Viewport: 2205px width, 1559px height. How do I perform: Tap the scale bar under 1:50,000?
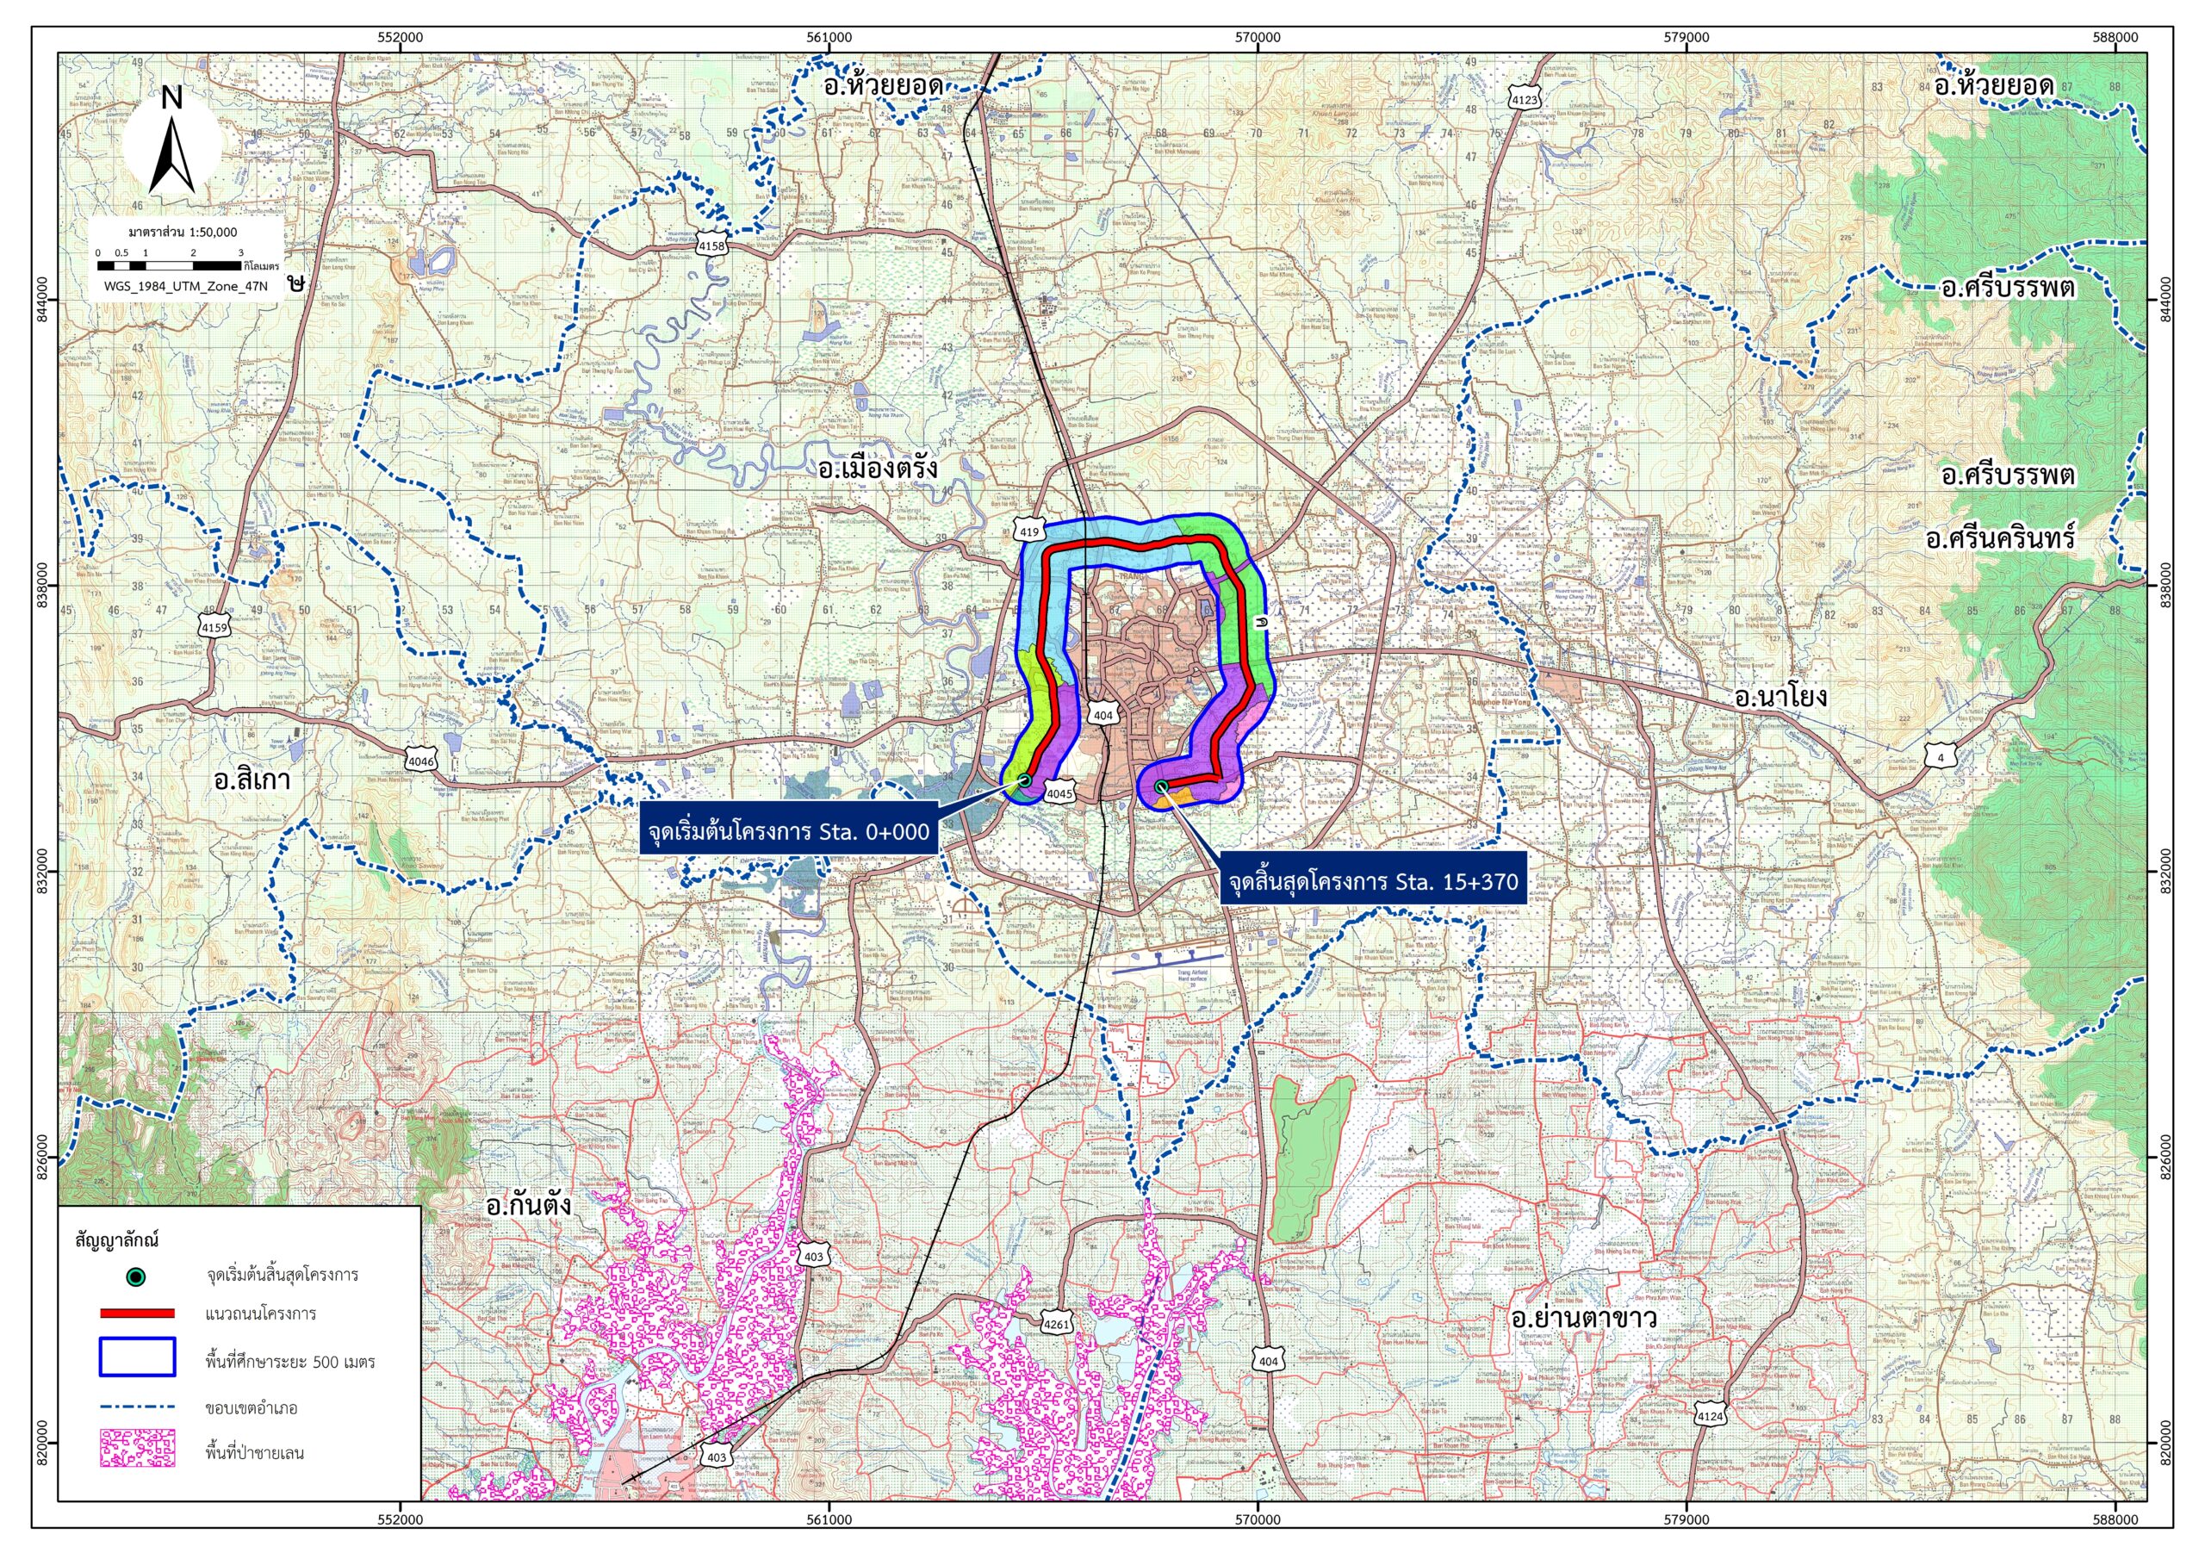(169, 264)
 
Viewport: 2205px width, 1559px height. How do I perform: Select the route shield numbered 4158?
(711, 245)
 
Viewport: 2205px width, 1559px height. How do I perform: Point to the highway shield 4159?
(215, 627)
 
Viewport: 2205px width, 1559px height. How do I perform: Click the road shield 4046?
(420, 761)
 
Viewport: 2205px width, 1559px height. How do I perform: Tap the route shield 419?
(1028, 531)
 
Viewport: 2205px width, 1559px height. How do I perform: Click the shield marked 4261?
(1056, 1325)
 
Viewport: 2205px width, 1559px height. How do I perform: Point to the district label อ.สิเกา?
(252, 779)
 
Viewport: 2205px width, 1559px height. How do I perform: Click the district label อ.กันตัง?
(528, 1206)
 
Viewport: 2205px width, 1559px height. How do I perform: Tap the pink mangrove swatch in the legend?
(137, 1449)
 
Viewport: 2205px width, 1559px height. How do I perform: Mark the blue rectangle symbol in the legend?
(137, 1357)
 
